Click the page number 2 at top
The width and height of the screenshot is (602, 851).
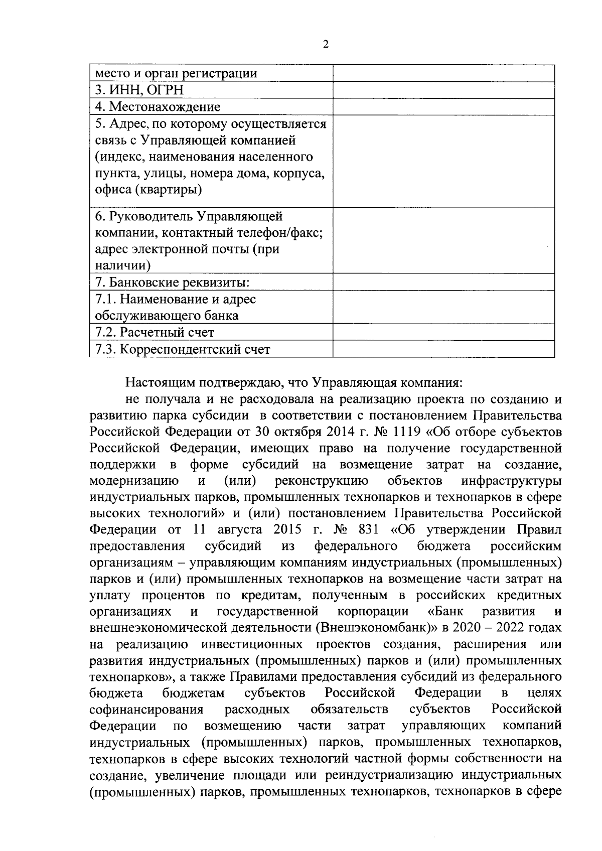click(x=326, y=45)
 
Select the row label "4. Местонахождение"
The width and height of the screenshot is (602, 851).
click(x=158, y=107)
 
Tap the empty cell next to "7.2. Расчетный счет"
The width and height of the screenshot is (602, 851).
click(x=443, y=332)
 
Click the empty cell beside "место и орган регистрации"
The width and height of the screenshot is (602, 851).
click(x=443, y=73)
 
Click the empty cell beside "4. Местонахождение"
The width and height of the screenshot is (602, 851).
click(x=443, y=107)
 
